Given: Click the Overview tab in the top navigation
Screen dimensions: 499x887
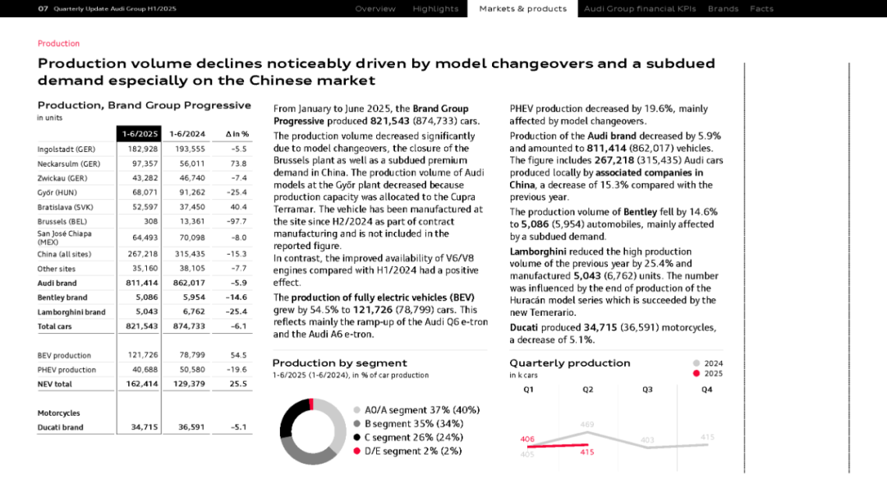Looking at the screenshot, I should coord(375,9).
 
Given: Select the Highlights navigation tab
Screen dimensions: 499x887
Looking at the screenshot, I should coord(435,9).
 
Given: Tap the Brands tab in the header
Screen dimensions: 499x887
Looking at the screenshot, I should coord(723,9).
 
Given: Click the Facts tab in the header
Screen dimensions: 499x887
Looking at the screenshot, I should coord(761,9).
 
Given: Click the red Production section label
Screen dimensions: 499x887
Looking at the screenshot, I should coord(58,44).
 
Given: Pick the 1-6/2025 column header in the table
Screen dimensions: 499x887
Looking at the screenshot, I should coord(139,134).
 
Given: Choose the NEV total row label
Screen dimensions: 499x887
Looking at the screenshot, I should coord(54,384).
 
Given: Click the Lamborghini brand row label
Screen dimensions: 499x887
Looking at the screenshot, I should coord(71,312).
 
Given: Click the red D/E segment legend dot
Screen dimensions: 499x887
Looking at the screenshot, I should coord(356,451).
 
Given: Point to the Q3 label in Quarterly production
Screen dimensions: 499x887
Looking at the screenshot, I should coord(647,390).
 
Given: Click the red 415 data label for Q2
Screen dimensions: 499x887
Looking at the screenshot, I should coord(587,452).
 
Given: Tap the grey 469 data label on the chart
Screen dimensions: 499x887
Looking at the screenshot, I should coord(587,424).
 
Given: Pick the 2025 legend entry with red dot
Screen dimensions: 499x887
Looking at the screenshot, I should coord(707,373).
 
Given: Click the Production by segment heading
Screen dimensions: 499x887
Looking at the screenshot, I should coord(339,363).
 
